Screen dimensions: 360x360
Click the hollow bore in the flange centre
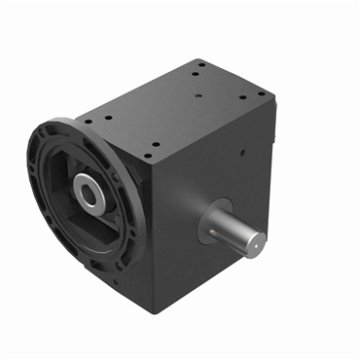coord(90,195)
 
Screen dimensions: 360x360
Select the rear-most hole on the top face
coord(199,65)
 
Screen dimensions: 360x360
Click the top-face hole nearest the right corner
coord(260,93)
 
